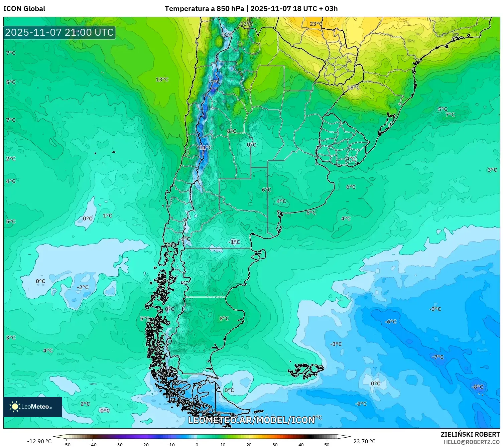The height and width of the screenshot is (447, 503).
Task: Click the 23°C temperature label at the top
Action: click(316, 24)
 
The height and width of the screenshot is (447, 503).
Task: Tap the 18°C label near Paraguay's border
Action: click(353, 88)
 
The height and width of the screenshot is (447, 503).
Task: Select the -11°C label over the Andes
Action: click(205, 147)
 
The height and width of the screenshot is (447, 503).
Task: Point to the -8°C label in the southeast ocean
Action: click(477, 387)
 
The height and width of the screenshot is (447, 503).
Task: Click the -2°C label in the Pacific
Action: click(83, 287)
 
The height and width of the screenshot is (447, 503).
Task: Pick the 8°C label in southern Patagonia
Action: click(224, 318)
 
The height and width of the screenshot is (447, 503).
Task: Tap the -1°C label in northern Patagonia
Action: click(234, 242)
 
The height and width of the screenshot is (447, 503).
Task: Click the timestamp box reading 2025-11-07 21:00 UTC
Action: click(59, 32)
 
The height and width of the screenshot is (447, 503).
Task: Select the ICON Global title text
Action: click(24, 9)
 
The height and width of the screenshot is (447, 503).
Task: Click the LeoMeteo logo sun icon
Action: click(15, 407)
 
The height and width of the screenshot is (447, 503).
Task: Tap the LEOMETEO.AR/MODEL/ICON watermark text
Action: click(251, 420)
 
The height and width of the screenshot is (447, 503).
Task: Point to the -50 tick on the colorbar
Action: click(67, 445)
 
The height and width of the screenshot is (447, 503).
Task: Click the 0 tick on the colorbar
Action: click(197, 445)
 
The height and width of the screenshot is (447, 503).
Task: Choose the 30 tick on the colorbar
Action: click(275, 445)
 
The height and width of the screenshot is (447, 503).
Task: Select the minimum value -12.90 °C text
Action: click(39, 441)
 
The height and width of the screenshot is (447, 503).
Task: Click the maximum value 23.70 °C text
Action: click(364, 441)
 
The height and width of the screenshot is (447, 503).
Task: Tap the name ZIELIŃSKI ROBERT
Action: click(470, 434)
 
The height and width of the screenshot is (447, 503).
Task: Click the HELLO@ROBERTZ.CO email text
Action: click(472, 442)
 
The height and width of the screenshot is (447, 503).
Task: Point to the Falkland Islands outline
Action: click(307, 370)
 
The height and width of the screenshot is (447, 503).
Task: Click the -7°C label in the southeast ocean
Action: click(437, 357)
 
